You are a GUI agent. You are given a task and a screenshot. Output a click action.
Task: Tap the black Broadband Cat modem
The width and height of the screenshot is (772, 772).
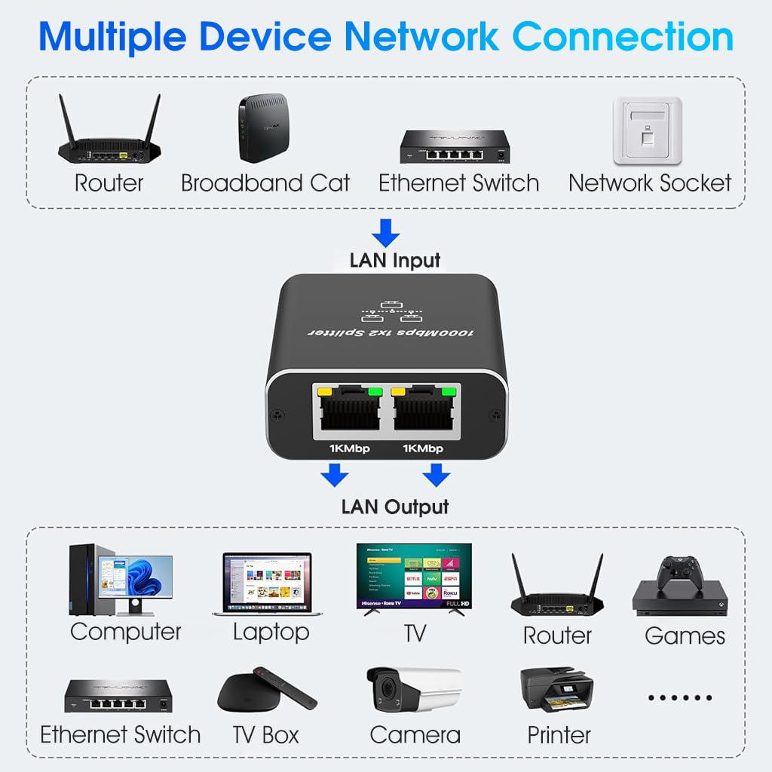[263, 129]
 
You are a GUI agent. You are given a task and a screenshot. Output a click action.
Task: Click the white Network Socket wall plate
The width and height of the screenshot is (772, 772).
[648, 130]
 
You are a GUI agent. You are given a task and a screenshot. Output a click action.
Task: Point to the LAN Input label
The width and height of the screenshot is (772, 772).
[394, 261]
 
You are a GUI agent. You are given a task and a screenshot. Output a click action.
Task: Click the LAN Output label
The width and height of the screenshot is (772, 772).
[395, 507]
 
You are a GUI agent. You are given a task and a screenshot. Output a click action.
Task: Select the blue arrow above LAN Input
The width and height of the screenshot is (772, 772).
[386, 232]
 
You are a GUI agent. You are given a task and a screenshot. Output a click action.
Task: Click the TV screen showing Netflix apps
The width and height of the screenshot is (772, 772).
[413, 577]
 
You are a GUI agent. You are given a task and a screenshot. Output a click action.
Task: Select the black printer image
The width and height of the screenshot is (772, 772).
[556, 689]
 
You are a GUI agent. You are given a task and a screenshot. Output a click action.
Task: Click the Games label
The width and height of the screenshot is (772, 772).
[685, 636]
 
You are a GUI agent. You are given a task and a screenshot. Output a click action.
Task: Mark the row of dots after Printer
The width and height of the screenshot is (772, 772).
[680, 698]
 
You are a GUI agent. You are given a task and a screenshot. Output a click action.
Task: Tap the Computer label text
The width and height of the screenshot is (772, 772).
[126, 632]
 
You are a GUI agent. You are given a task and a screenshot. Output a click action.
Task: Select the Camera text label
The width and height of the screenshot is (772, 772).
[415, 734]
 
